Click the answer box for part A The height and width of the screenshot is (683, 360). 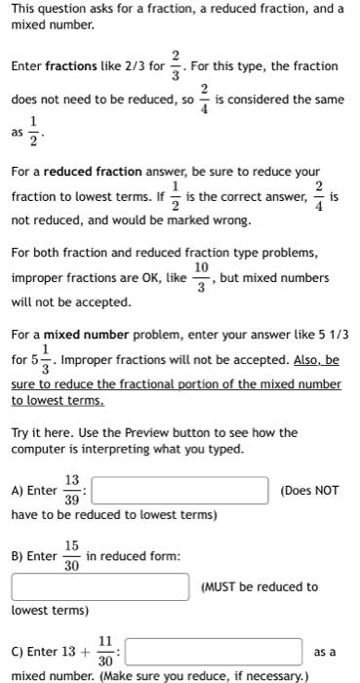tap(180, 490)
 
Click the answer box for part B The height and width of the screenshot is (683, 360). tap(100, 586)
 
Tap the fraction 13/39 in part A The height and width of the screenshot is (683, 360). tap(72, 489)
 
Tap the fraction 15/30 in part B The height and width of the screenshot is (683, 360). tap(72, 556)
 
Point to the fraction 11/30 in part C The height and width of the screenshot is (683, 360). tap(105, 651)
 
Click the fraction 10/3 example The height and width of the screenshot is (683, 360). tap(200, 278)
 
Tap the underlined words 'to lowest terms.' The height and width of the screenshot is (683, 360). tap(58, 400)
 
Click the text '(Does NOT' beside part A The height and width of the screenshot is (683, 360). tap(309, 490)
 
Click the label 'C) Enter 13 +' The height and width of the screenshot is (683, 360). tap(51, 651)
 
